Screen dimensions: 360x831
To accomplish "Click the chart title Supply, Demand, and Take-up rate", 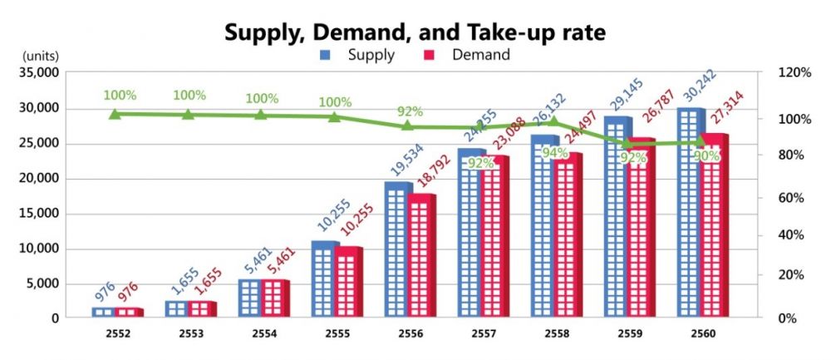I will pyautogui.click(x=415, y=32).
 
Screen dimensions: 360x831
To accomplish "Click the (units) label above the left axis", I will pyautogui.click(x=37, y=56).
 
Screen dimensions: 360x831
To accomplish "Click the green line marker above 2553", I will pyautogui.click(x=189, y=114).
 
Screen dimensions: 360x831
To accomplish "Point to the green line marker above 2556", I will pyautogui.click(x=408, y=126).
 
